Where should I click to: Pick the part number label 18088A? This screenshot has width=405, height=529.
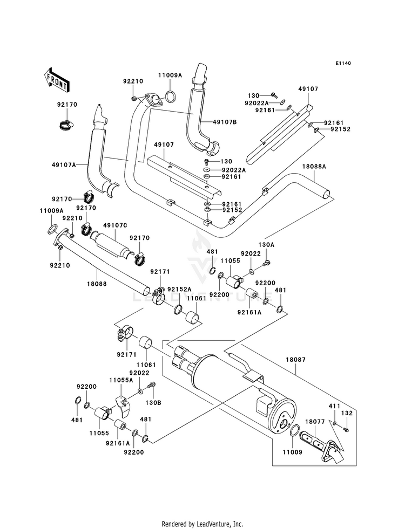point(315,167)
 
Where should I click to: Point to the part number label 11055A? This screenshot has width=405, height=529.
point(120,380)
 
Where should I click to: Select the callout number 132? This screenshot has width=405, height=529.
point(347,413)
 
